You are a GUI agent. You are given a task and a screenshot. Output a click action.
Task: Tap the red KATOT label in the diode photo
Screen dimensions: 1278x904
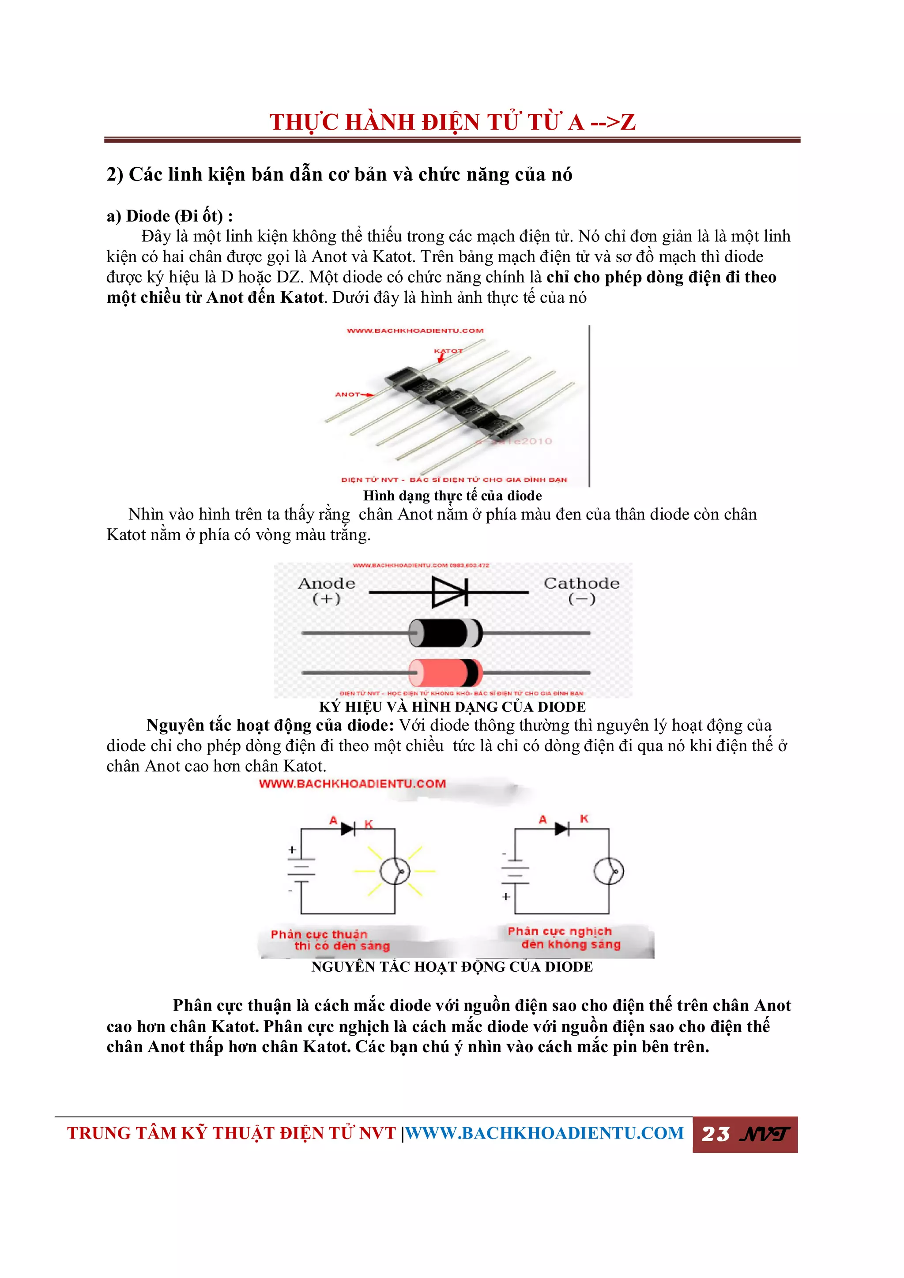pyautogui.click(x=448, y=351)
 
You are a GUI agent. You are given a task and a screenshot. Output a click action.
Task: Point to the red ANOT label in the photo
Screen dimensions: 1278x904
pyautogui.click(x=347, y=394)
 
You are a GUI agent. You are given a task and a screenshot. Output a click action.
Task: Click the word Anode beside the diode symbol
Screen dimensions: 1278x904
pyautogui.click(x=327, y=583)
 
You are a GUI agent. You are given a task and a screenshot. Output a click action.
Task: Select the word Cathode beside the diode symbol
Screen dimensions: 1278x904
pyautogui.click(x=581, y=583)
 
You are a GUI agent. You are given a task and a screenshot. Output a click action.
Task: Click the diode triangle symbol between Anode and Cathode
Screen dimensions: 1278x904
pyautogui.click(x=448, y=592)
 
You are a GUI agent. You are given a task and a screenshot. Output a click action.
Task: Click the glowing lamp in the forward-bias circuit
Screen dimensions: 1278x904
pyautogui.click(x=395, y=871)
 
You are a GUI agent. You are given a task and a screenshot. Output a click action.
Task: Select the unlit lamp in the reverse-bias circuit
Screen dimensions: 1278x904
pyautogui.click(x=609, y=871)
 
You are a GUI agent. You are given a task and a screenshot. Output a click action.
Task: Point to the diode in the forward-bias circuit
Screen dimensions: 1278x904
pyautogui.click(x=348, y=829)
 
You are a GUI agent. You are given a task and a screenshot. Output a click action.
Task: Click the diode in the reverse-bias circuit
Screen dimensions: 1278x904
pyautogui.click(x=561, y=829)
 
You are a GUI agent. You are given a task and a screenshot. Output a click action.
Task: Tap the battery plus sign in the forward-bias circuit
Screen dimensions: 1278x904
pyautogui.click(x=292, y=850)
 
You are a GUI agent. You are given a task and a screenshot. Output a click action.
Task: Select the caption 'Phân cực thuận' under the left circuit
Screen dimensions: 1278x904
pyautogui.click(x=319, y=934)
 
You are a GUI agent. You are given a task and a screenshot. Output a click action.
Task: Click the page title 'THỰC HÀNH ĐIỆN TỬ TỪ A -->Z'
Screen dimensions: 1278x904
pyautogui.click(x=452, y=122)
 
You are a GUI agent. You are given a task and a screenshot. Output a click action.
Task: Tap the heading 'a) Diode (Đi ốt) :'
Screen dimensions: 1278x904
pyautogui.click(x=170, y=216)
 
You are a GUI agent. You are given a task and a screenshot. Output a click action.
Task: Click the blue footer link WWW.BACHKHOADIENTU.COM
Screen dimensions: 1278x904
pyautogui.click(x=544, y=1133)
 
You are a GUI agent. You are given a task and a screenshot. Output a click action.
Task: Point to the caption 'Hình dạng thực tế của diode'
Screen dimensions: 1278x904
pyautogui.click(x=452, y=496)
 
